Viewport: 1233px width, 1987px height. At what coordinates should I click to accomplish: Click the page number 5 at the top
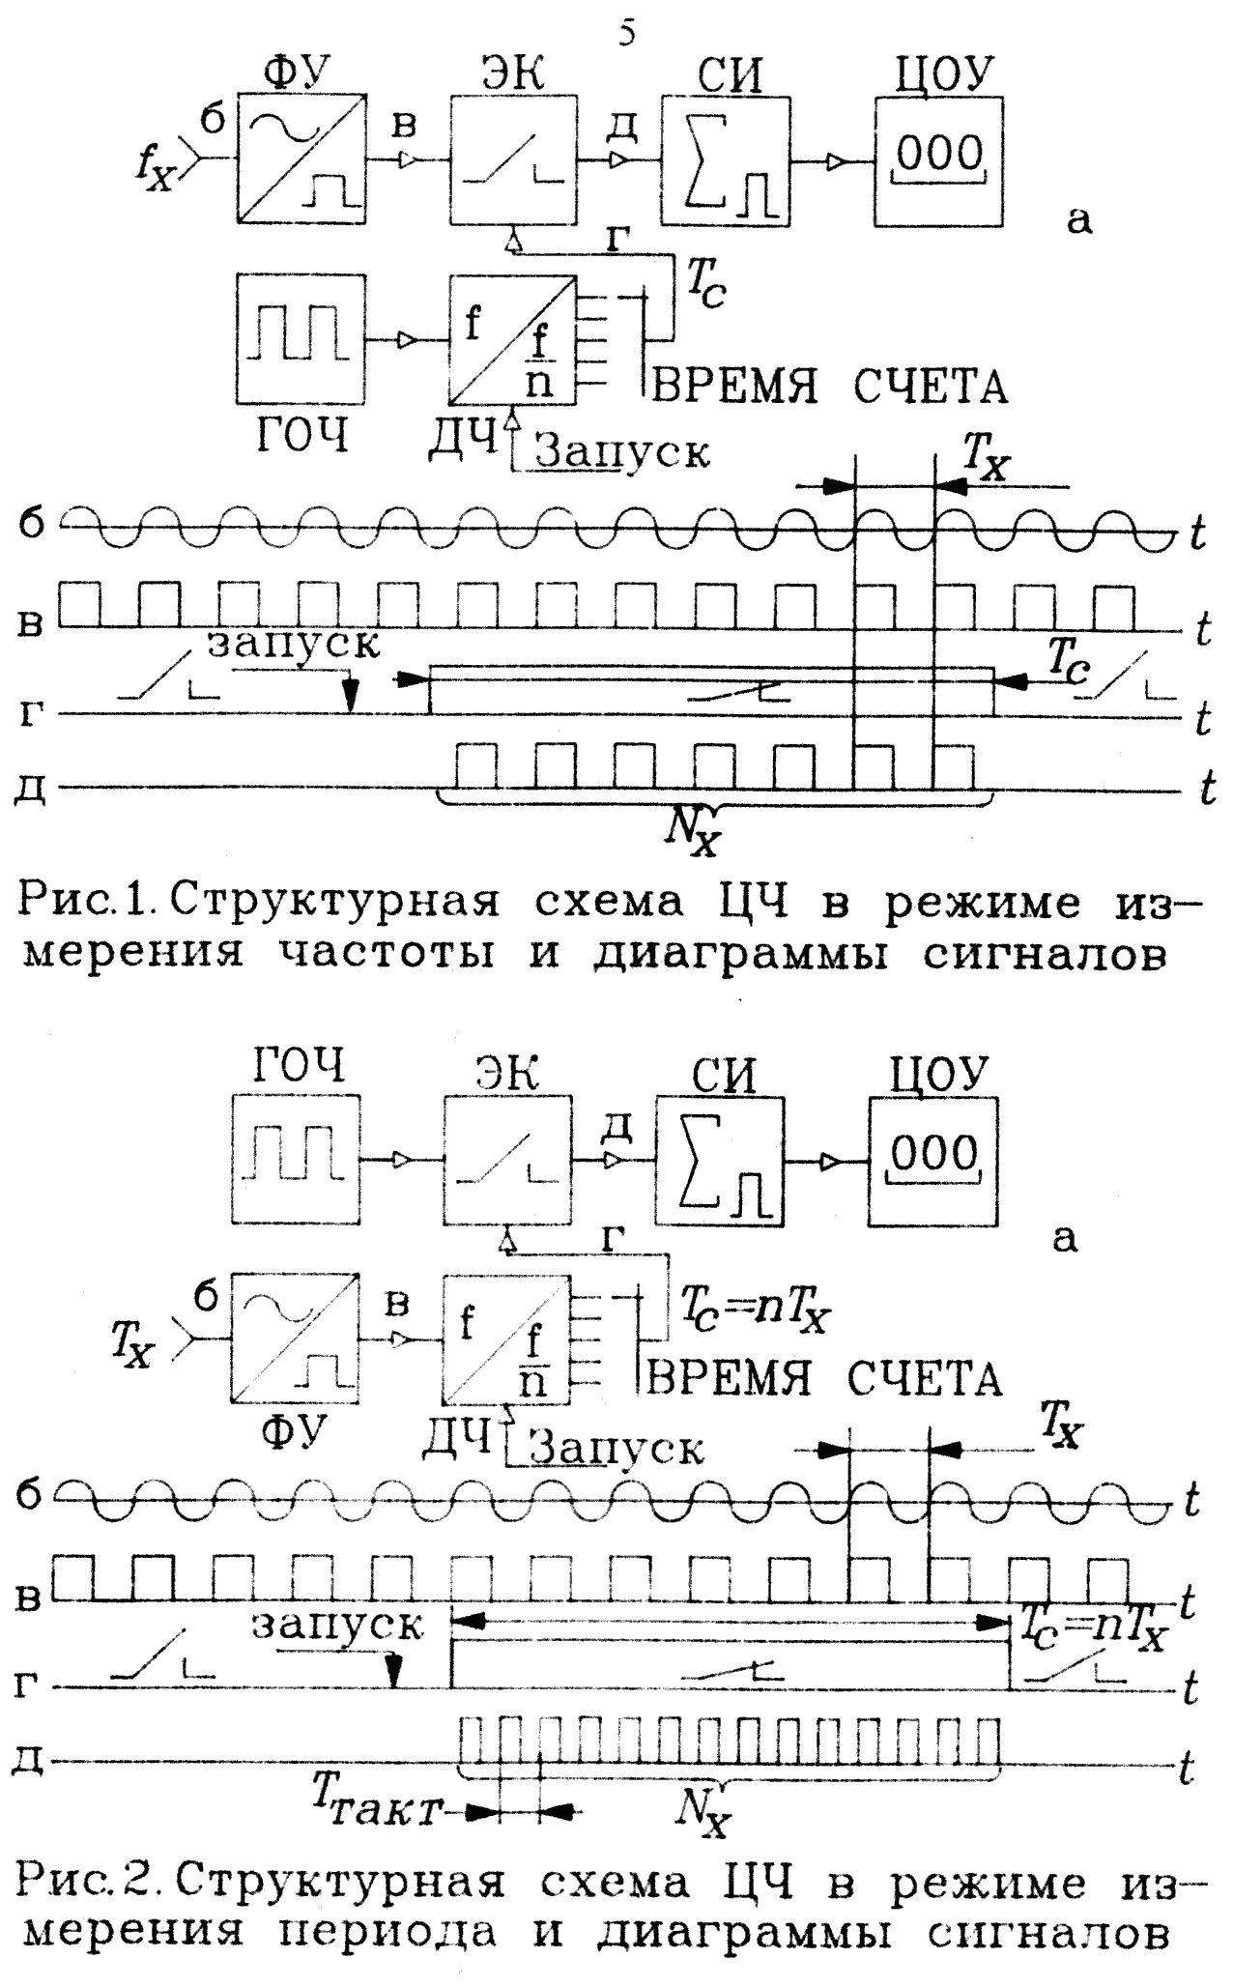(x=626, y=35)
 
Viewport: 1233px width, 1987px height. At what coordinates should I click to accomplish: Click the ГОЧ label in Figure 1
(x=302, y=437)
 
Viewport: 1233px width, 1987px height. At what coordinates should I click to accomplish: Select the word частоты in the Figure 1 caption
(x=390, y=955)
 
